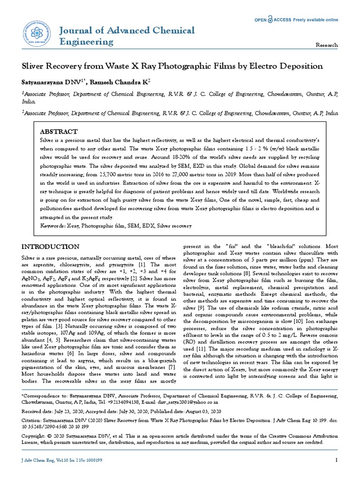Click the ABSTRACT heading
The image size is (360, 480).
pos(59,132)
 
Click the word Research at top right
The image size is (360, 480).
pos(327,45)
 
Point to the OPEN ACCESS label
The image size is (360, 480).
pos(272,20)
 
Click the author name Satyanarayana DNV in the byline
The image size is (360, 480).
pos(51,82)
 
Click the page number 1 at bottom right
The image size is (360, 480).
pos(336,460)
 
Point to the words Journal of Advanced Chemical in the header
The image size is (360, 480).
pos(126,30)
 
